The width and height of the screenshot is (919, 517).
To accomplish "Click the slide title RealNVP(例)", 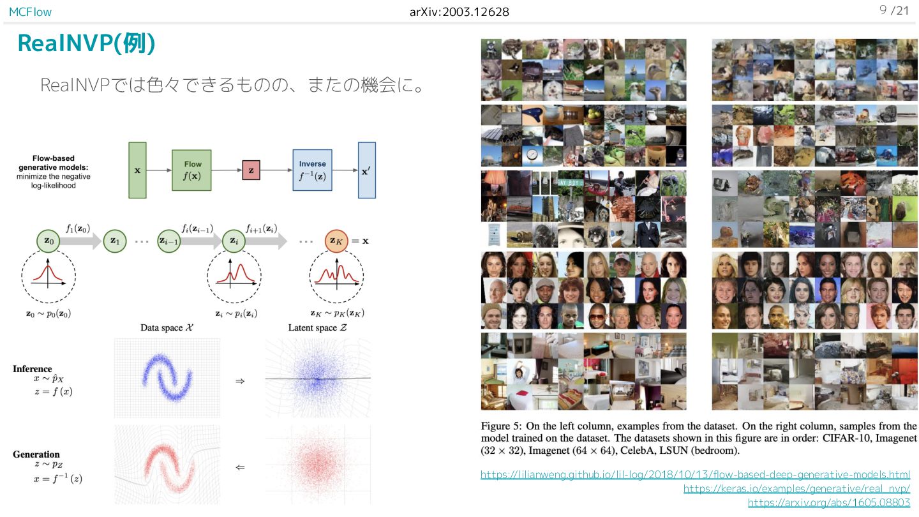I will coord(86,43).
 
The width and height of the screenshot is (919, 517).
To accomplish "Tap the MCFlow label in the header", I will coord(31,11).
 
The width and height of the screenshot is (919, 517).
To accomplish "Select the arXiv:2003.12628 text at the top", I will coord(459,11).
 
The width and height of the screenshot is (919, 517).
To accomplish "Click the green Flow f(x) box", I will coord(192,170).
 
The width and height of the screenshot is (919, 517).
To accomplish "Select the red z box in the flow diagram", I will coord(251,170).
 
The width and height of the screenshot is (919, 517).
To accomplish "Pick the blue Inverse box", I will coord(313,170).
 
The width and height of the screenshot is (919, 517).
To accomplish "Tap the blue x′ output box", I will coord(367,170).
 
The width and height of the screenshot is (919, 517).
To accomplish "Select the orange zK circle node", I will coord(336,241).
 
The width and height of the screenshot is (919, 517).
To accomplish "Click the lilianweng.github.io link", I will coord(695,474).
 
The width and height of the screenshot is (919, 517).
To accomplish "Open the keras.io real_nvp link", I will coord(796,488).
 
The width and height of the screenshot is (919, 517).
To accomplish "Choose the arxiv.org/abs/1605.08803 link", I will coord(828,502).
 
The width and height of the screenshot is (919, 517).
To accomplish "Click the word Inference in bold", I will coord(32,369).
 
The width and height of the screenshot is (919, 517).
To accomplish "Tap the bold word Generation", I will coord(36,454).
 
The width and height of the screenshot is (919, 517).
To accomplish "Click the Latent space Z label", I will coord(317,328).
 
